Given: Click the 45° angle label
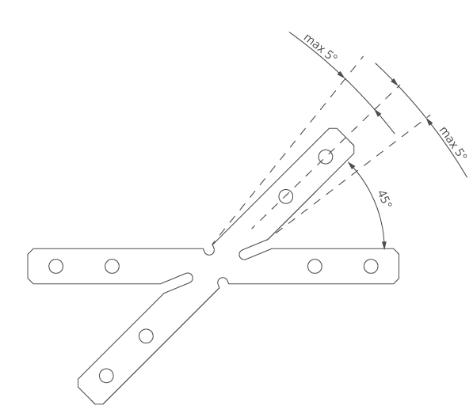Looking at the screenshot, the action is tap(385, 199).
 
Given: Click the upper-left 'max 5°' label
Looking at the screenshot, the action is tap(320, 47).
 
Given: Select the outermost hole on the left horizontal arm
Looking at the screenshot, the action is tap(55, 267).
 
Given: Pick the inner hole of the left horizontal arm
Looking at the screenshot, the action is tap(112, 267).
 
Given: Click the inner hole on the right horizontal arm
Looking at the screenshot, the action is tap(315, 267).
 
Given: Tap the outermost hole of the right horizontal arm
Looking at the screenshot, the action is tap(371, 267).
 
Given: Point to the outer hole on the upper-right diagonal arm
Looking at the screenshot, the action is tap(326, 157).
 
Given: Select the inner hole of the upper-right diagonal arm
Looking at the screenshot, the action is tap(286, 196).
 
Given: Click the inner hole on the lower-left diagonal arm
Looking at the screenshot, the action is tap(146, 336).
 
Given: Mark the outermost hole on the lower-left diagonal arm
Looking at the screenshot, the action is tap(106, 376).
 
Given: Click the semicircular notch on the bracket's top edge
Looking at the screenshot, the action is tap(209, 251).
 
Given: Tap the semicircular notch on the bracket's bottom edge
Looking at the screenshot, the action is tap(223, 281).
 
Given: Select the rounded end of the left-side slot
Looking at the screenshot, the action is tap(189, 278).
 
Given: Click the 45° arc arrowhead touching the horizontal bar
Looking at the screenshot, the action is tap(384, 245).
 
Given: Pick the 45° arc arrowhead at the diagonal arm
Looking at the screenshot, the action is tap(351, 165).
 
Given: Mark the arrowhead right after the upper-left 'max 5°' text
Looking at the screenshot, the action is tap(341, 74).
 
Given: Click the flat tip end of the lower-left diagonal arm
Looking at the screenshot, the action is tap(99, 404).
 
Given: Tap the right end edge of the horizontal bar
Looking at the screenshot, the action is tap(399, 267).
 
